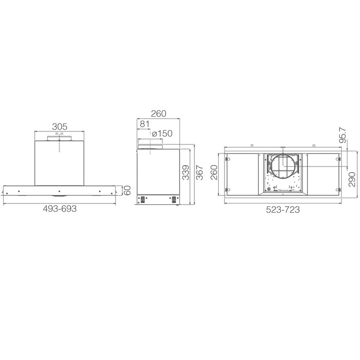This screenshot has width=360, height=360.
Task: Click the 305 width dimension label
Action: [x=60, y=126]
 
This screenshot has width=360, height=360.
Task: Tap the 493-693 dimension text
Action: [x=60, y=209]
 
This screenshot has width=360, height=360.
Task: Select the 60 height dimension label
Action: [x=127, y=190]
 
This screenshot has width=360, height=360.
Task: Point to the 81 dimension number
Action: [x=144, y=124]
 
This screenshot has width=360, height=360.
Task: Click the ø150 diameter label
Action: [x=162, y=133]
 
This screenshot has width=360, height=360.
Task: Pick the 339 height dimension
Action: [x=186, y=172]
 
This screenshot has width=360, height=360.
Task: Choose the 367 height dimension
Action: [x=199, y=172]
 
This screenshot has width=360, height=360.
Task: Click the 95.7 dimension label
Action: [x=343, y=135]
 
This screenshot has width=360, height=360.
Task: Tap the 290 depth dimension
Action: [x=352, y=179]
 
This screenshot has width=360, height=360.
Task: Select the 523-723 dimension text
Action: [x=283, y=210]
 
